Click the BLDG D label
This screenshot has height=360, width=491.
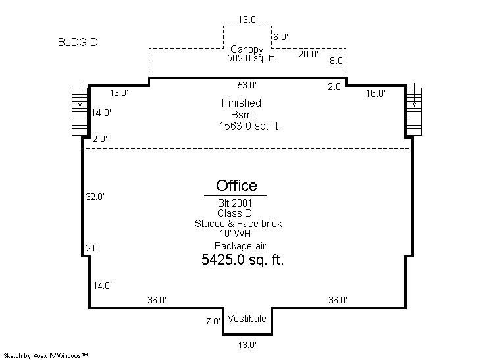pos(78,42)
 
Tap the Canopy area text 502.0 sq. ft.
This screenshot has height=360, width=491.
pos(252,58)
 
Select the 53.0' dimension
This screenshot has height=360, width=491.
pos(247,85)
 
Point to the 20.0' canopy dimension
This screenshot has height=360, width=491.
pos(308,54)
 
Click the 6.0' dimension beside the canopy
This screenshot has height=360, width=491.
pos(280,37)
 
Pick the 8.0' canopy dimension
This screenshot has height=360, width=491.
pos(337,61)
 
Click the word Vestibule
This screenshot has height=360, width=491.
pos(247,319)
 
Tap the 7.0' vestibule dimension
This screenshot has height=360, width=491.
pos(213,321)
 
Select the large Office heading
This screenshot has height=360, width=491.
pos(236,186)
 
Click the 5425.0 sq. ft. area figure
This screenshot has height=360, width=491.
pos(242,259)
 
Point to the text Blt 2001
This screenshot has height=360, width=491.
pos(235,203)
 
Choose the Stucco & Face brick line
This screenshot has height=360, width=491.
pos(238,224)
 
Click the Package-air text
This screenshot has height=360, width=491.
pos(240,246)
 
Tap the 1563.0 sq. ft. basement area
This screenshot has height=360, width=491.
pos(250,126)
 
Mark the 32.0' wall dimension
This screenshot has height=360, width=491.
pos(95,197)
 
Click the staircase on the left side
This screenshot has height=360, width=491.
pos(80,111)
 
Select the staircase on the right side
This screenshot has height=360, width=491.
pos(414,111)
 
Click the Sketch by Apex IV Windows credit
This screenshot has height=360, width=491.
pos(45,356)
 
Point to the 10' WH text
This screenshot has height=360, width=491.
pos(235,234)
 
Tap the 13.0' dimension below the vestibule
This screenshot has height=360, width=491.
pos(247,345)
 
